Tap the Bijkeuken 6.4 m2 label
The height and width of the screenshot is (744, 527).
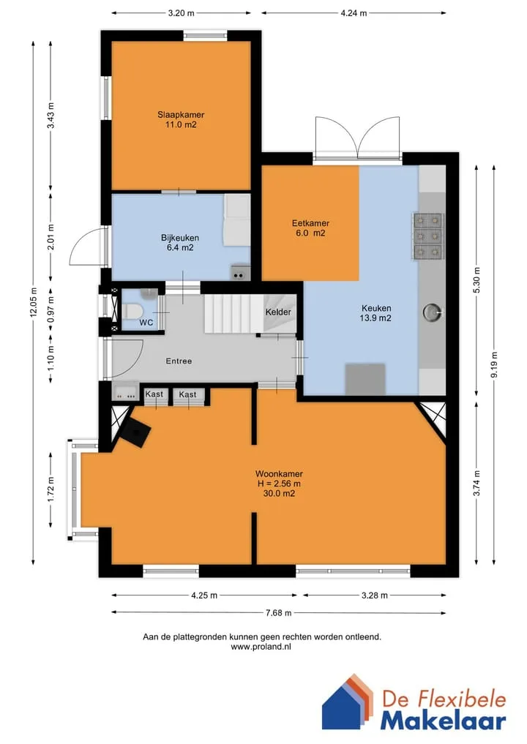click(x=180, y=242)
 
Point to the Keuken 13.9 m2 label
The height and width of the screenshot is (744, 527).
click(x=375, y=313)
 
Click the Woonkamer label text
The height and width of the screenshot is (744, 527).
click(x=279, y=473)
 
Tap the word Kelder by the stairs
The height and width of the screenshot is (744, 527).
click(x=278, y=312)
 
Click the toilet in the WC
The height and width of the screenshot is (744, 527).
click(x=133, y=311)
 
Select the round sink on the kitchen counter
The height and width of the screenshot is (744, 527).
click(x=433, y=312)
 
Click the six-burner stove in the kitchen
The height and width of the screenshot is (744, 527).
click(x=428, y=236)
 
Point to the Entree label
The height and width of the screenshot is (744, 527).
click(x=179, y=361)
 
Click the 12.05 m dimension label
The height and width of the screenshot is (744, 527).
click(x=33, y=302)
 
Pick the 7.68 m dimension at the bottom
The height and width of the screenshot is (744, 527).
click(x=279, y=612)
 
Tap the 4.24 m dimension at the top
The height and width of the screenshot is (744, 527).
click(x=354, y=13)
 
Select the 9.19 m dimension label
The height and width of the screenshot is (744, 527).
click(x=494, y=365)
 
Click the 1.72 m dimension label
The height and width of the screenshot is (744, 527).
click(x=51, y=489)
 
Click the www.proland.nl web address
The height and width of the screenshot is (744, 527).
click(x=261, y=646)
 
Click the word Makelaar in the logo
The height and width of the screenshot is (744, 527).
click(x=443, y=721)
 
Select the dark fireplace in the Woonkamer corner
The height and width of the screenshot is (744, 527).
click(x=135, y=429)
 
